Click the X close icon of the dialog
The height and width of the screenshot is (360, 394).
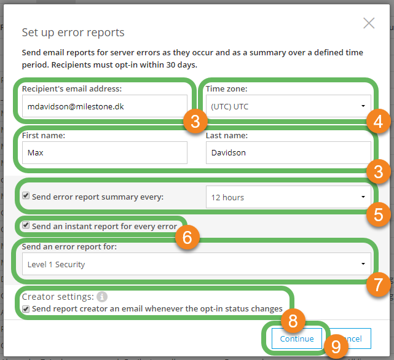tap(369, 23)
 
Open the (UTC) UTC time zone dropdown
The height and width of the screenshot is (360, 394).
tap(288, 106)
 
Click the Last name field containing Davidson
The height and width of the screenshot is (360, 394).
tap(288, 152)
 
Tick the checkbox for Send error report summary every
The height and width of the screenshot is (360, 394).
tap(25, 197)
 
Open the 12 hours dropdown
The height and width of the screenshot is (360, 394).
tap(288, 197)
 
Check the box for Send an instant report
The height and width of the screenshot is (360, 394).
tap(25, 226)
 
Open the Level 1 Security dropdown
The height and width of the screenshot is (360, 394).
tap(196, 265)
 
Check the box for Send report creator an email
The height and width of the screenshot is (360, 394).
tap(25, 308)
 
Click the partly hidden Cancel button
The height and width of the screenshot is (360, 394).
tap(352, 338)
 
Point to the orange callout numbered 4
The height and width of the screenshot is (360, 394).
tap(378, 122)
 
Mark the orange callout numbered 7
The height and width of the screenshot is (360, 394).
tap(378, 284)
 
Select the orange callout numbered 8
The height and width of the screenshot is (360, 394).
tap(293, 320)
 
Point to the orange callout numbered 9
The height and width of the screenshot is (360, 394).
tap(336, 348)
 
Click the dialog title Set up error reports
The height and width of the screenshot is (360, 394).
tap(73, 33)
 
